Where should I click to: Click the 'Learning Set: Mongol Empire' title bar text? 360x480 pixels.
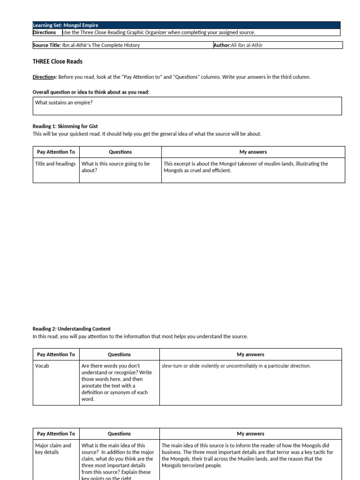pyautogui.click(x=66, y=25)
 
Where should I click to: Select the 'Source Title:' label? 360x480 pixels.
pyautogui.click(x=46, y=45)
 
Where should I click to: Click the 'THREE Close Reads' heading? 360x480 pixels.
pyautogui.click(x=57, y=61)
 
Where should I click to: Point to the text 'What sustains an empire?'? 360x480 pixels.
pyautogui.click(x=64, y=102)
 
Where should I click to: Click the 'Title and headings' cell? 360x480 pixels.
pyautogui.click(x=55, y=164)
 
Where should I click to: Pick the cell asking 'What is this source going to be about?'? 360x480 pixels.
pyautogui.click(x=115, y=167)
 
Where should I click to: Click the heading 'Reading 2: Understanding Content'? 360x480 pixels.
pyautogui.click(x=71, y=329)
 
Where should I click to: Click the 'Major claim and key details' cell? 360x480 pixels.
pyautogui.click(x=53, y=449)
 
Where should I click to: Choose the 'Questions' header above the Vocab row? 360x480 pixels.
pyautogui.click(x=119, y=354)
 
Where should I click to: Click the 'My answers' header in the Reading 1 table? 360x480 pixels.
pyautogui.click(x=253, y=152)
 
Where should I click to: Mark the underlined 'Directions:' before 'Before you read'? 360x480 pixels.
pyautogui.click(x=45, y=77)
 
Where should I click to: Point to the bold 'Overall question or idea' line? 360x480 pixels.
pyautogui.click(x=90, y=92)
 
